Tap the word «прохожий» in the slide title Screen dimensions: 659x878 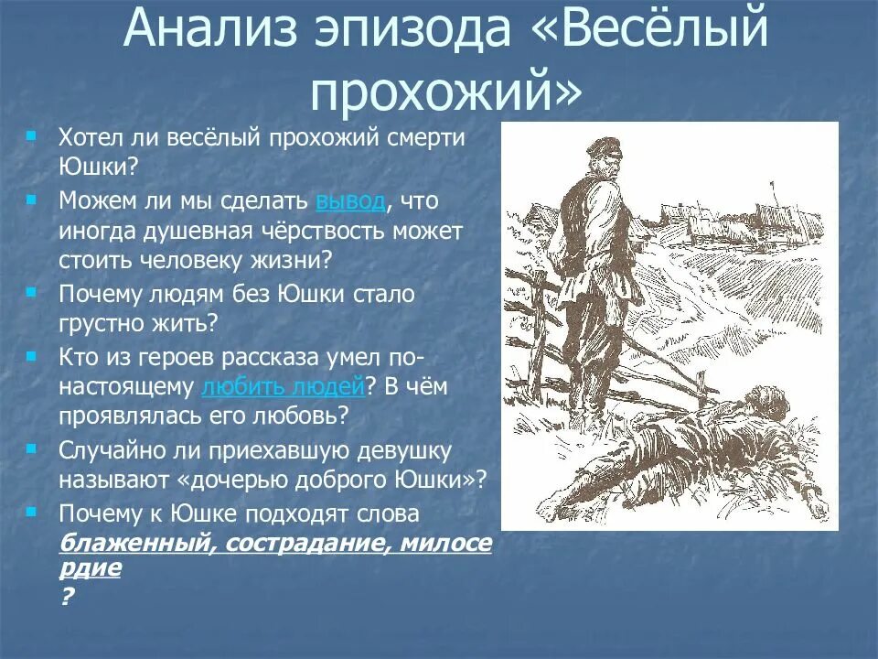(x=439, y=92)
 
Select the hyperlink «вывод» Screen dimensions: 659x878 (x=352, y=200)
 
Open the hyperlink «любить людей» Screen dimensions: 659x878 (x=283, y=386)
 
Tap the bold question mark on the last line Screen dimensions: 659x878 (x=66, y=595)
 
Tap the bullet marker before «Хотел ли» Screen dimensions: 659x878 (x=32, y=135)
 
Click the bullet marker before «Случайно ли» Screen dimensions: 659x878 (x=32, y=448)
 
